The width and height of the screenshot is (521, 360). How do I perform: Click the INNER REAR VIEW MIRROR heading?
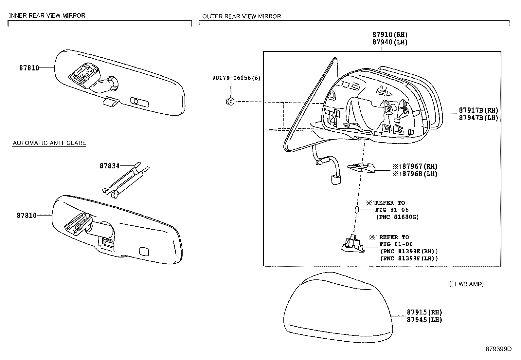[47, 15]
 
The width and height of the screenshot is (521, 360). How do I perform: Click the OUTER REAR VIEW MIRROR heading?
[242, 16]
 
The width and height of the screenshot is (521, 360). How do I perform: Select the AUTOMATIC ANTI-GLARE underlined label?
[49, 143]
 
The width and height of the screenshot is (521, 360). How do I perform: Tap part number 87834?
[110, 166]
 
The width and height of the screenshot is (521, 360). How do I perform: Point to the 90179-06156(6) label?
[236, 78]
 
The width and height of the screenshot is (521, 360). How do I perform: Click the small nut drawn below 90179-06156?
[230, 102]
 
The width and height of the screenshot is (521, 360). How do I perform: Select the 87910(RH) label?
[389, 35]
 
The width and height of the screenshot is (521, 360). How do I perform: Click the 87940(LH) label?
[389, 42]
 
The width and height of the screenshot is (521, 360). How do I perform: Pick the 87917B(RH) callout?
[478, 110]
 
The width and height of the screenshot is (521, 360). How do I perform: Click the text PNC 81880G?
[397, 217]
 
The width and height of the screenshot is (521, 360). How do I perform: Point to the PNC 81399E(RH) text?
[409, 252]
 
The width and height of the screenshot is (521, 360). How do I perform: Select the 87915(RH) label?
[424, 312]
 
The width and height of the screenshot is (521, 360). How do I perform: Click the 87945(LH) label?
[424, 320]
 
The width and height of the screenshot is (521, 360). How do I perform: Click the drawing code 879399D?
[498, 349]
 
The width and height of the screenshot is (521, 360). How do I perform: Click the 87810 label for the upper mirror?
[29, 68]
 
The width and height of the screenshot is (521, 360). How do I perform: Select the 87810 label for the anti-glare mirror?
[27, 216]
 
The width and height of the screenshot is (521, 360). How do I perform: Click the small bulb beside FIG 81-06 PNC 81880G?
[357, 210]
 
